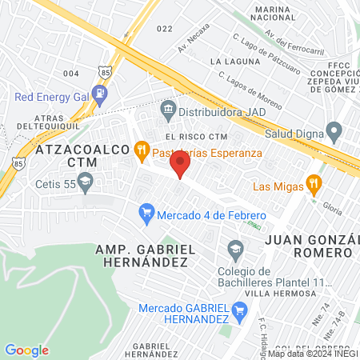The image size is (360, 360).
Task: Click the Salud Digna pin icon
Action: (336, 130)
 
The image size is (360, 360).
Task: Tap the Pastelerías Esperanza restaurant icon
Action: (142, 148)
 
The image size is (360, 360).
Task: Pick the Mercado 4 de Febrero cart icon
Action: (146, 213)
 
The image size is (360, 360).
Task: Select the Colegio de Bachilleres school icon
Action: (235, 250)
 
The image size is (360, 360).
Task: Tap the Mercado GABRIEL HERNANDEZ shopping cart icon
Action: (238, 309)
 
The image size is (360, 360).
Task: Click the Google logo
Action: (26, 350)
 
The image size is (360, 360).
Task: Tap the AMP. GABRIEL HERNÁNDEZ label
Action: (146, 257)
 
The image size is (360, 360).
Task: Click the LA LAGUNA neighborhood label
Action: (230, 61)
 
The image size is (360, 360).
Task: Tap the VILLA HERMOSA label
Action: (290, 293)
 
